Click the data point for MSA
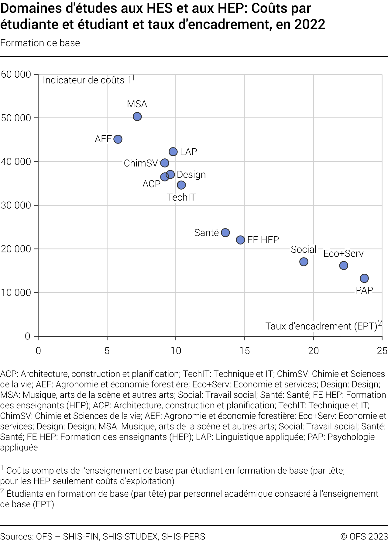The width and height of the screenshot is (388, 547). pyautogui.click(x=137, y=116)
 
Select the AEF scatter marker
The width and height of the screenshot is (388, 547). pyautogui.click(x=118, y=139)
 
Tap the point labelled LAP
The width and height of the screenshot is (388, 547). pyautogui.click(x=173, y=152)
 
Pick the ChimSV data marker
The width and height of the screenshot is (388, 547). pyautogui.click(x=165, y=163)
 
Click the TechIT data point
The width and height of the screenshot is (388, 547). pyautogui.click(x=181, y=185)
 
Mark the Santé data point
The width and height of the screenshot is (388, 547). pyautogui.click(x=225, y=233)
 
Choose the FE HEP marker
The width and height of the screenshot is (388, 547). pyautogui.click(x=240, y=240)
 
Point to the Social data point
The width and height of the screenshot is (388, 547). pyautogui.click(x=304, y=262)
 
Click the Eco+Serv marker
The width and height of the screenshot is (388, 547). pyautogui.click(x=344, y=265)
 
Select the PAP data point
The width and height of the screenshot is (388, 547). pyautogui.click(x=364, y=278)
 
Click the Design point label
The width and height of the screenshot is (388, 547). pyautogui.click(x=191, y=175)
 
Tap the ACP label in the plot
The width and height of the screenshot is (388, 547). pyautogui.click(x=151, y=184)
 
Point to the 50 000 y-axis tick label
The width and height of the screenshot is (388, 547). pyautogui.click(x=16, y=118)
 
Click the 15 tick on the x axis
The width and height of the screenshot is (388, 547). pyautogui.click(x=245, y=351)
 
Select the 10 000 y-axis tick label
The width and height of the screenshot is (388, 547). pyautogui.click(x=16, y=293)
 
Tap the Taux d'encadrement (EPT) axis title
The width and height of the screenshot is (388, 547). pyautogui.click(x=321, y=326)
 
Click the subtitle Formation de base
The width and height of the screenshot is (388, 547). pyautogui.click(x=40, y=43)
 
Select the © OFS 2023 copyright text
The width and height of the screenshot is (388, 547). pyautogui.click(x=364, y=536)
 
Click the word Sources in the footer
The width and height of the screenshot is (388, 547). pyautogui.click(x=16, y=536)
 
